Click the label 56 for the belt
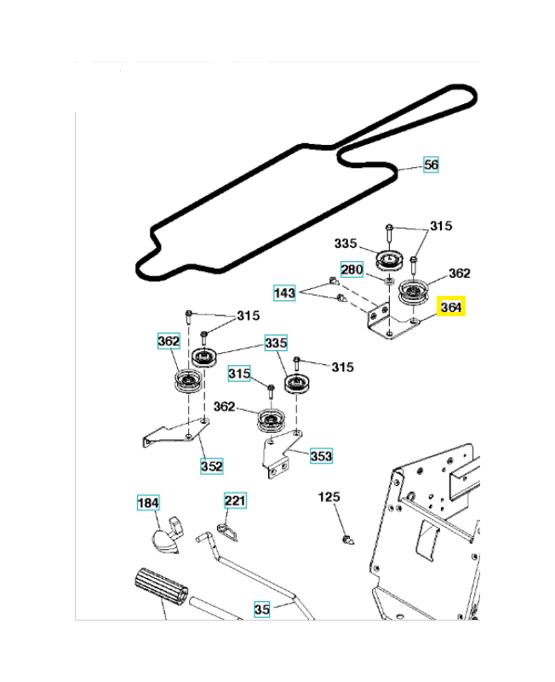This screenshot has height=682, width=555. point(432,165)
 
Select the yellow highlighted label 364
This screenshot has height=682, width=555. point(452,308)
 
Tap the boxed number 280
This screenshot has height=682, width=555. point(352,269)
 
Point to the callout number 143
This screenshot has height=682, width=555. point(284,293)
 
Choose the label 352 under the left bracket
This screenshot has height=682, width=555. point(211,466)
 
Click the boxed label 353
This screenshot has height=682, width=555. point(321,456)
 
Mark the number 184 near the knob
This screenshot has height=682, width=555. point(148,503)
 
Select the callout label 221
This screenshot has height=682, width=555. point(235,500)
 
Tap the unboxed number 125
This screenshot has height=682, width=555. point(329,496)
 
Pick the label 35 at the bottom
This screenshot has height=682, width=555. point(262,609)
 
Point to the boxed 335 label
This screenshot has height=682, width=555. point(276,343)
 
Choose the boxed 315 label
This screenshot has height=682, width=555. point(240,374)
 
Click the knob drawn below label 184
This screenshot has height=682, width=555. point(164,535)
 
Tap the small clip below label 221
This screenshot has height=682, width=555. point(226,529)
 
